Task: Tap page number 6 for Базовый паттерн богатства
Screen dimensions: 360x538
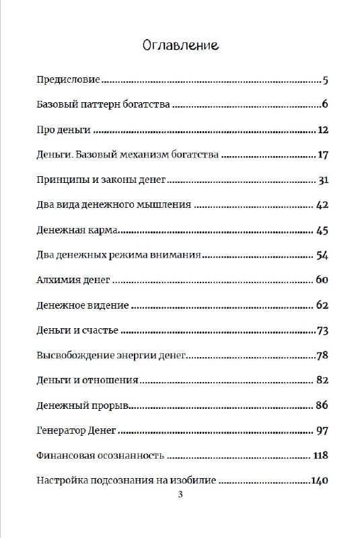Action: pyautogui.click(x=324, y=104)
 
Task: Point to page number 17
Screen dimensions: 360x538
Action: pyautogui.click(x=322, y=155)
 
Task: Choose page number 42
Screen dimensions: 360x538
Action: pyautogui.click(x=321, y=205)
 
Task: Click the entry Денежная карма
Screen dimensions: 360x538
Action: pyautogui.click(x=77, y=231)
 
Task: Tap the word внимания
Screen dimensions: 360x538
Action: pyautogui.click(x=180, y=256)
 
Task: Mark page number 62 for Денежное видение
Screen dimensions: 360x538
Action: pyautogui.click(x=321, y=305)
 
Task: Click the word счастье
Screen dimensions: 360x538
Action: pyautogui.click(x=100, y=330)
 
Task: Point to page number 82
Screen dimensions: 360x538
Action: pyautogui.click(x=321, y=380)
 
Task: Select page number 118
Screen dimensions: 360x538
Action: pyautogui.click(x=320, y=455)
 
